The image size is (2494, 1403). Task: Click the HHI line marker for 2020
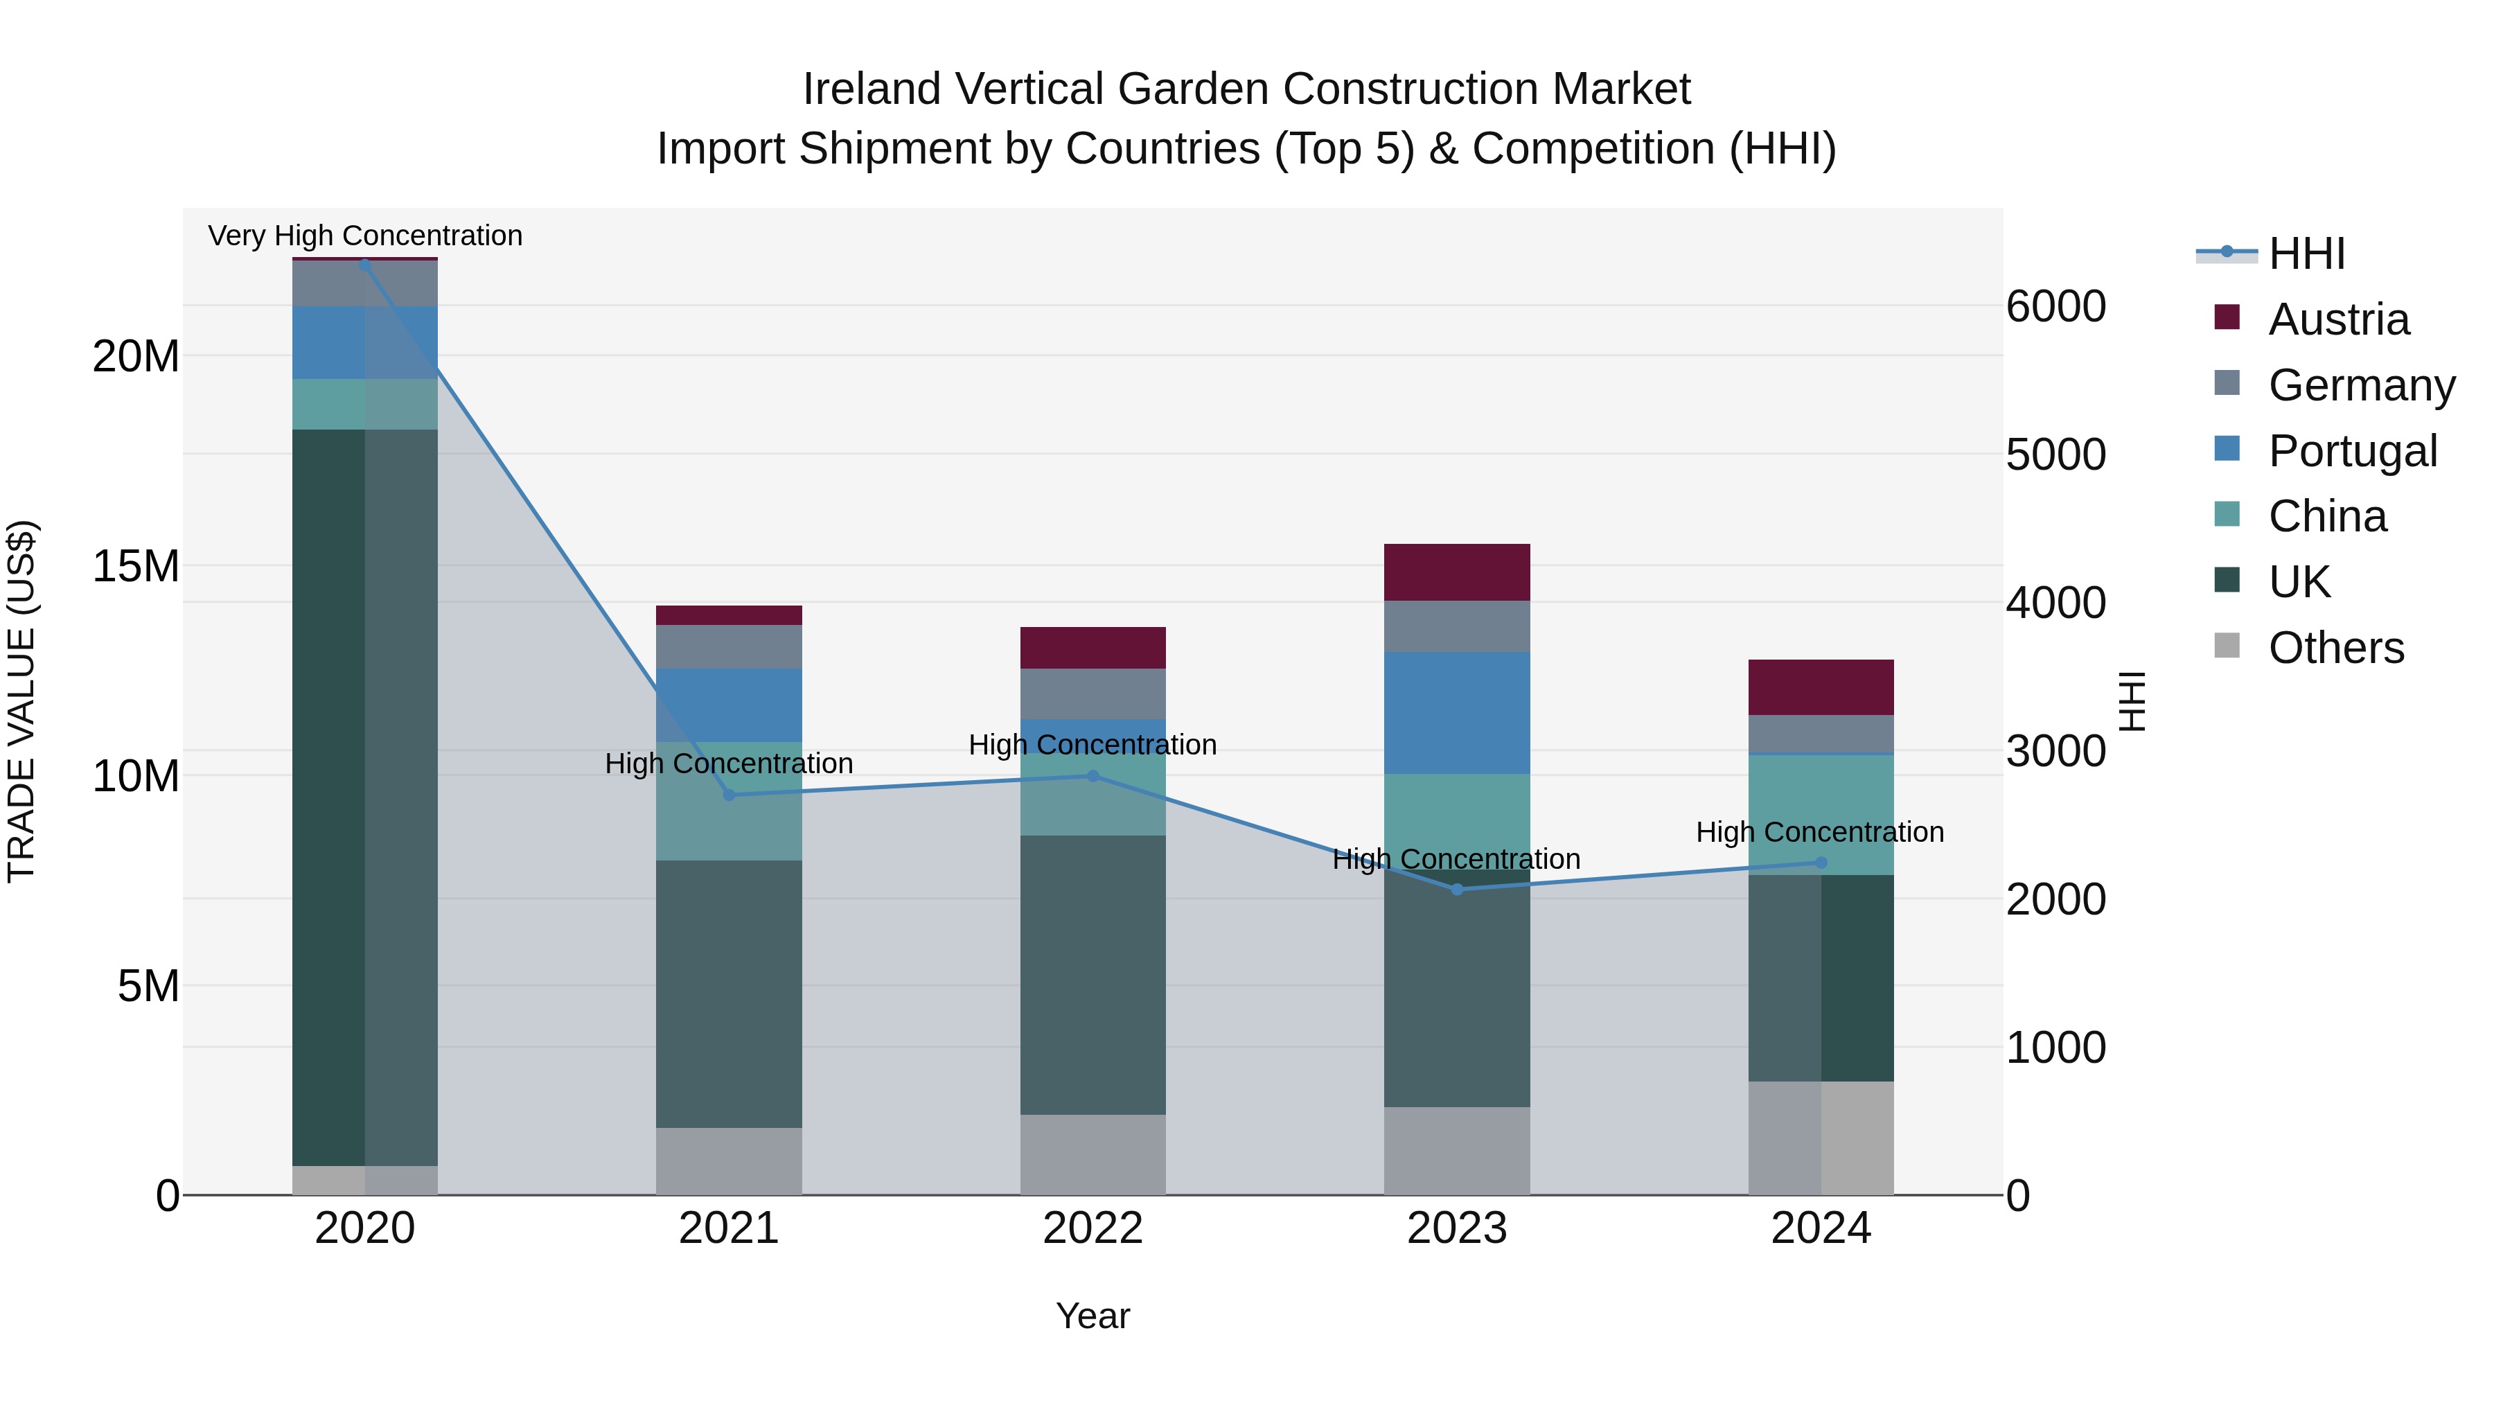click(365, 265)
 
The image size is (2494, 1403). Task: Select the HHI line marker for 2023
click(1456, 889)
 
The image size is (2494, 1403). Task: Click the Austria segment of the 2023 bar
click(1456, 572)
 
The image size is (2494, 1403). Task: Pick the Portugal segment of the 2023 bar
click(1456, 713)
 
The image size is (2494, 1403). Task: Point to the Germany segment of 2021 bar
click(728, 647)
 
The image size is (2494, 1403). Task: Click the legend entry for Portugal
click(2353, 451)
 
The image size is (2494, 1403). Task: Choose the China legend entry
click(2328, 516)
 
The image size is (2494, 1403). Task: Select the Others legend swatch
click(2227, 646)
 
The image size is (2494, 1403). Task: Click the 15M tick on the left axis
click(136, 567)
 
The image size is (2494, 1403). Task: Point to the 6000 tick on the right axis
click(2055, 307)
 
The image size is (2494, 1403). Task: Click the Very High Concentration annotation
click(365, 236)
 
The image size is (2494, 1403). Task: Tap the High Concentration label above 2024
click(1819, 831)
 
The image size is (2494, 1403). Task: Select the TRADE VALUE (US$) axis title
click(21, 701)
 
